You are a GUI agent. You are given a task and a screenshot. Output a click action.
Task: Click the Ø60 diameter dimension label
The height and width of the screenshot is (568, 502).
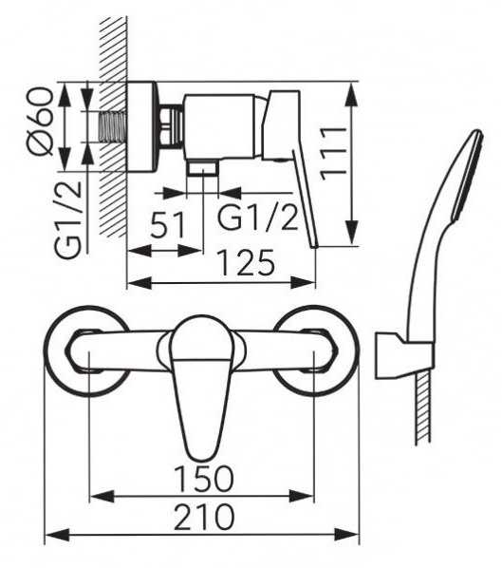tap(40, 122)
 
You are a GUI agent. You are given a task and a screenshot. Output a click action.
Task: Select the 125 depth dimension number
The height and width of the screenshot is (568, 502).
tap(247, 262)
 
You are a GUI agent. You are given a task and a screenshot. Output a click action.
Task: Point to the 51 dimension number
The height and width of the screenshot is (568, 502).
tap(167, 224)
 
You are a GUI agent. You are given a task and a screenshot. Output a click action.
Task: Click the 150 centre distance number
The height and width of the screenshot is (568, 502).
tap(204, 479)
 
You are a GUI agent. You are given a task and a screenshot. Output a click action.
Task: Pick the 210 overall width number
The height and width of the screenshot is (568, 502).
tap(204, 517)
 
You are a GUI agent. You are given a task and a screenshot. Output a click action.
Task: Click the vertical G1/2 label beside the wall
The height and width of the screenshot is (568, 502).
tap(68, 219)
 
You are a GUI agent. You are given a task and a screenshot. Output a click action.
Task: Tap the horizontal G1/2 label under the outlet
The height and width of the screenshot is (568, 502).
tap(258, 218)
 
